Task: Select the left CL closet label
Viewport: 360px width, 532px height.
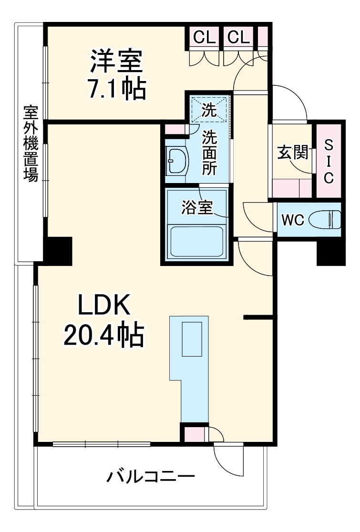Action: click(x=205, y=37)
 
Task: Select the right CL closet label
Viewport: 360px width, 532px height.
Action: click(x=238, y=37)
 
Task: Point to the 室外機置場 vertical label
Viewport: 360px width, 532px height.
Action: click(x=31, y=143)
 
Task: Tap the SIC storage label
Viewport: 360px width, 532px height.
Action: click(x=329, y=161)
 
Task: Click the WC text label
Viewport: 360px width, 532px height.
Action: click(x=293, y=220)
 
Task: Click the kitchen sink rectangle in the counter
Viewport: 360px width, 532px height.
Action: click(x=193, y=339)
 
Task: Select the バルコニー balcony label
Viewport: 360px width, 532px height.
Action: click(x=151, y=476)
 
